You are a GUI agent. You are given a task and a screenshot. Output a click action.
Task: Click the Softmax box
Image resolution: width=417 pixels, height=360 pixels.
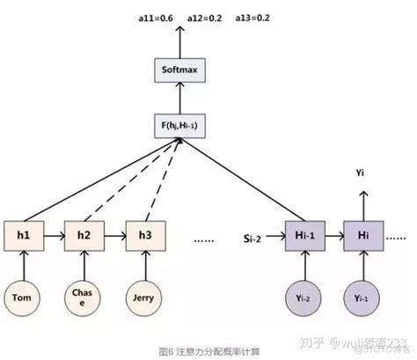coord(179,68)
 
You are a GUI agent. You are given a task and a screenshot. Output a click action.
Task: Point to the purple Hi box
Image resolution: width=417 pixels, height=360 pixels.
coord(362,236)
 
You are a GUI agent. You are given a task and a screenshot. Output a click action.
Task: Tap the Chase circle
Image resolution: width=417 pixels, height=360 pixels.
coord(82,298)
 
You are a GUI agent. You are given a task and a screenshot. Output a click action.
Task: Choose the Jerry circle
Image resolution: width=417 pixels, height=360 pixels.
coord(143,298)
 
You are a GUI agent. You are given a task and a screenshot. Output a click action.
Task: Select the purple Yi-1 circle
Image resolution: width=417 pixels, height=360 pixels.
coord(362,298)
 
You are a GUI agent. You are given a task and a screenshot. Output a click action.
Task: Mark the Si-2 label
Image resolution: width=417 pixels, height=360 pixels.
coord(254,236)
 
